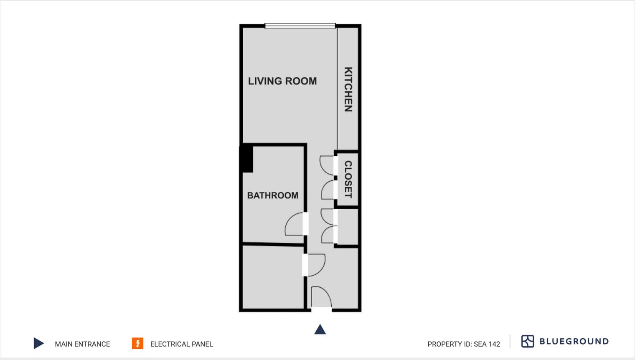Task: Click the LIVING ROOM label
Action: (282, 81)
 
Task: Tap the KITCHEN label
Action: (348, 89)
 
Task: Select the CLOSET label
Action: (348, 179)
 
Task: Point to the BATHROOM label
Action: (273, 195)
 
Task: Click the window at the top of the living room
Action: (300, 26)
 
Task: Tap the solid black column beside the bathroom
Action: (246, 159)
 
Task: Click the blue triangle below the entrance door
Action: (320, 330)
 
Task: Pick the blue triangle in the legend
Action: (38, 343)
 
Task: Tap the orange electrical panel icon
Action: (137, 343)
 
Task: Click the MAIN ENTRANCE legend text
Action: (82, 344)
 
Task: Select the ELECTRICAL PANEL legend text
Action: (181, 344)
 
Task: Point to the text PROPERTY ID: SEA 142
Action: (464, 344)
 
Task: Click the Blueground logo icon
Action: (528, 341)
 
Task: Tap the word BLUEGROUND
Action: (574, 341)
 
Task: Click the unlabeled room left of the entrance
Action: (273, 277)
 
